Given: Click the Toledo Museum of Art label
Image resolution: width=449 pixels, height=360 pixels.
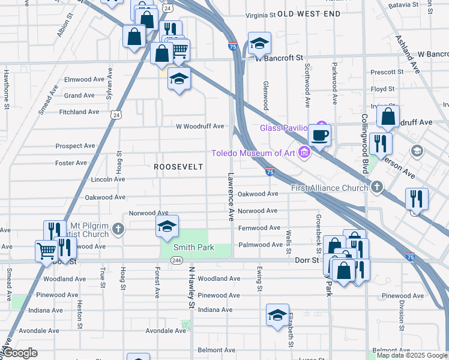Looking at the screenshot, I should click(253, 152).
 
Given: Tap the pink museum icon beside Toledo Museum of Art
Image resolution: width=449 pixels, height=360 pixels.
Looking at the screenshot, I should click(304, 152).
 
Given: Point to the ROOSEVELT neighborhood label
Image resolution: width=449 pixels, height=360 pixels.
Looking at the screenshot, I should click(178, 166).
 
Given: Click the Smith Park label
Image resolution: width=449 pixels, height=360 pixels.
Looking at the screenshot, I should click(190, 247).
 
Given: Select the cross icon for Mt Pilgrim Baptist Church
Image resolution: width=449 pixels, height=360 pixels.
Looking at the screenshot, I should click(119, 228).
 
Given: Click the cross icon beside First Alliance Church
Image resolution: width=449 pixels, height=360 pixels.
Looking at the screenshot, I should click(376, 187).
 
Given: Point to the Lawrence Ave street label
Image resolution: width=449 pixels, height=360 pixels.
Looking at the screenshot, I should click(231, 197).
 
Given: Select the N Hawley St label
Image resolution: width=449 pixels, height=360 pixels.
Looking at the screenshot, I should click(192, 288).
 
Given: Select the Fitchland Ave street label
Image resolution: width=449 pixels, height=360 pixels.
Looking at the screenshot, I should click(79, 112).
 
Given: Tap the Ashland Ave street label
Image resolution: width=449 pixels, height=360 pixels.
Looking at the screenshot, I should click(406, 53).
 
